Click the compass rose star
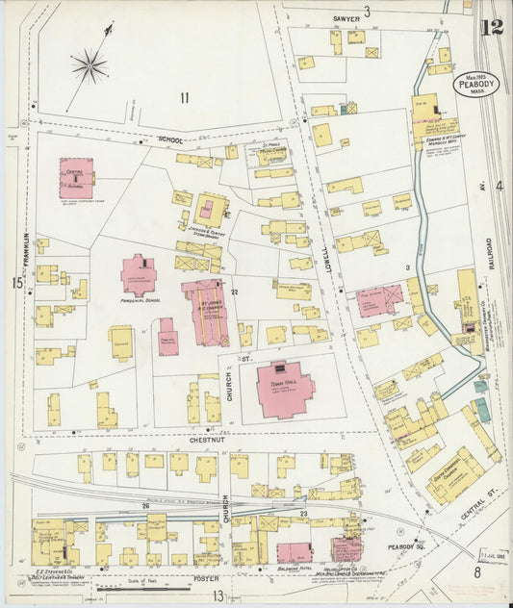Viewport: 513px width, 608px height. coord(89,65)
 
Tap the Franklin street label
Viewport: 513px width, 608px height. coord(29,254)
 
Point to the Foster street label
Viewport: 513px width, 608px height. coord(207,577)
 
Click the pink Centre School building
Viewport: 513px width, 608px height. coord(76,178)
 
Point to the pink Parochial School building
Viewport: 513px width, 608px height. coord(139,275)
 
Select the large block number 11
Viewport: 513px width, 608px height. coord(184,96)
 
